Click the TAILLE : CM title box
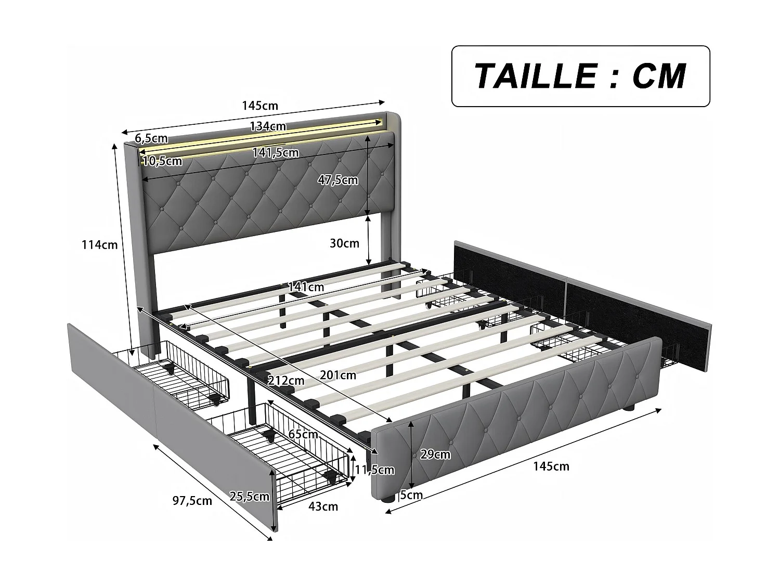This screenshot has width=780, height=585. [580, 76]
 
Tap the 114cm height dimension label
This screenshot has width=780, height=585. [99, 245]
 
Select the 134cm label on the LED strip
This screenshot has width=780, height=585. [268, 126]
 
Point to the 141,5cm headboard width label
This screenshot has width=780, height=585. [276, 153]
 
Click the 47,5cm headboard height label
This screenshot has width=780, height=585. [338, 180]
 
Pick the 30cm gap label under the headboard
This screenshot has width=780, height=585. [344, 243]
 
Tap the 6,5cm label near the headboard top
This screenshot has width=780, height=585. [151, 138]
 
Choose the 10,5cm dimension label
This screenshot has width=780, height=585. [162, 161]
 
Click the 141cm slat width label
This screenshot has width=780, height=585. [306, 287]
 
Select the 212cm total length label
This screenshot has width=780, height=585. [286, 381]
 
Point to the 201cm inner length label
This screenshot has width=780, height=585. [338, 375]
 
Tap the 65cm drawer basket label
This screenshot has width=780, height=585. [303, 434]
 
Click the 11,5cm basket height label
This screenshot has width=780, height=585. [374, 470]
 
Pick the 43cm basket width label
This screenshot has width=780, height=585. [323, 506]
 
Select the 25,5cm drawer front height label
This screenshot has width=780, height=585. [250, 496]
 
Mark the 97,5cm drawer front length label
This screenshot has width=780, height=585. [192, 501]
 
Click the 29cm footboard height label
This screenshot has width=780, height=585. [435, 454]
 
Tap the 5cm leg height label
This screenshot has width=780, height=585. [411, 495]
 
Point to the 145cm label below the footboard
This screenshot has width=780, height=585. [551, 466]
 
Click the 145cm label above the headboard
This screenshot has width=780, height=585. [260, 106]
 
